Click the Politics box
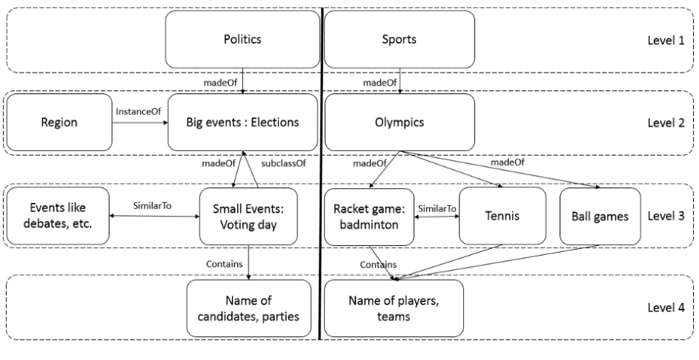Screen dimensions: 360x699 pyautogui.click(x=243, y=39)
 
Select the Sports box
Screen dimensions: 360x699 pyautogui.click(x=400, y=39)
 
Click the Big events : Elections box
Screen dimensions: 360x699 pyautogui.click(x=243, y=123)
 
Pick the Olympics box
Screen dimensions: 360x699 pyautogui.click(x=400, y=123)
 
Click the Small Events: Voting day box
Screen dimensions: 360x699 pyautogui.click(x=248, y=216)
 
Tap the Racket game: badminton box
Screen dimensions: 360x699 pyautogui.click(x=367, y=216)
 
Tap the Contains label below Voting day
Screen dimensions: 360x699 pyautogui.click(x=223, y=263)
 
